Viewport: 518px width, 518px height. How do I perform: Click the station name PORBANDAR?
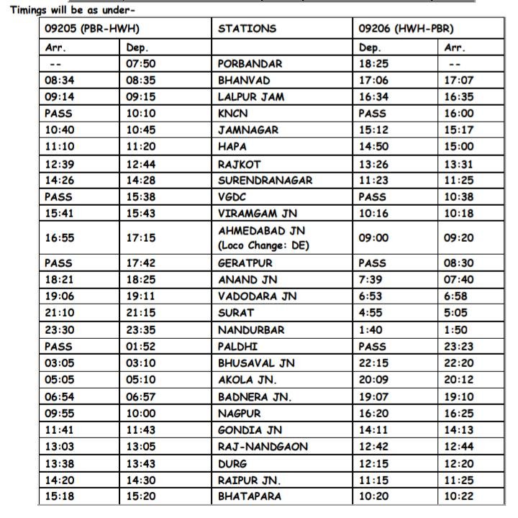[x=250, y=63]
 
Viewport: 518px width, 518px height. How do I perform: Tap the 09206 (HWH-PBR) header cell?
[x=406, y=29]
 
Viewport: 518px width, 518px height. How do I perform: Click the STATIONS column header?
[x=247, y=29]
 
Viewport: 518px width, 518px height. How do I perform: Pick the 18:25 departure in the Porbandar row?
[x=373, y=63]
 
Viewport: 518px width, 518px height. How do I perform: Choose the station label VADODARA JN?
[x=254, y=296]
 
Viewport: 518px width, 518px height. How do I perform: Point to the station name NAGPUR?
[x=239, y=414]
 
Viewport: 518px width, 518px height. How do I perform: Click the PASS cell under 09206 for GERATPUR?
[x=373, y=263]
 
